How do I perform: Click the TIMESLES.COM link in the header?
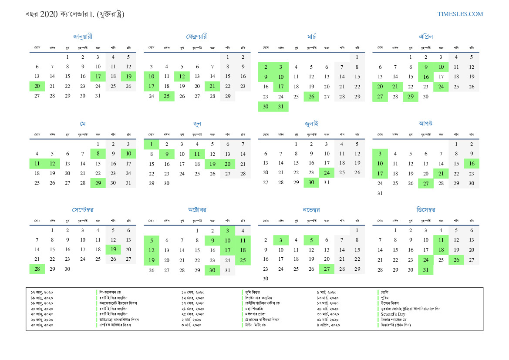(x=460, y=14)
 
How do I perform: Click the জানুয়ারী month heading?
(x=83, y=37)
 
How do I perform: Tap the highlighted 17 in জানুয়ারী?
(x=98, y=77)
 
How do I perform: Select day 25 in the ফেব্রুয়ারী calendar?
(x=167, y=97)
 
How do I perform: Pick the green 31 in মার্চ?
(x=281, y=107)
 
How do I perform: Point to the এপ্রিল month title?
(x=426, y=37)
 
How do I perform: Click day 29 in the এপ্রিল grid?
(x=411, y=97)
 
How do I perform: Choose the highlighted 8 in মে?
(x=98, y=154)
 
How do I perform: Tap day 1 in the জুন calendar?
(x=152, y=144)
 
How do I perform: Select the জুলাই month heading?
(x=311, y=124)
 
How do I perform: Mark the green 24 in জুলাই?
(x=327, y=173)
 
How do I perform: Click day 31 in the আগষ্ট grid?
(x=380, y=193)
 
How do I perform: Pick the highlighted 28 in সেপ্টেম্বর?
(x=37, y=269)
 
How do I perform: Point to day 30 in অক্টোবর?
(x=212, y=270)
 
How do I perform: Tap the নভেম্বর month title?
(x=311, y=210)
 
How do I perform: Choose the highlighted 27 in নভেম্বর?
(x=327, y=269)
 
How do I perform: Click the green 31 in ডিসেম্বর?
(x=426, y=270)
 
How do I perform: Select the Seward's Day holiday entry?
(x=393, y=314)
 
